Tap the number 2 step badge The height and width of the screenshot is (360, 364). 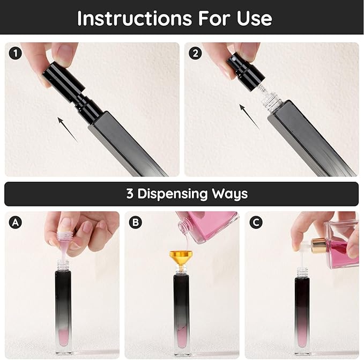pyautogui.click(x=196, y=54)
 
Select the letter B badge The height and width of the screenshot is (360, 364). pyautogui.click(x=136, y=222)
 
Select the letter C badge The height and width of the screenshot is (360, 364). pyautogui.click(x=256, y=222)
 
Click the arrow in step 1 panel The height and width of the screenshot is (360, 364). pyautogui.click(x=66, y=129)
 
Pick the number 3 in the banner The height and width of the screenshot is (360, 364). pyautogui.click(x=130, y=194)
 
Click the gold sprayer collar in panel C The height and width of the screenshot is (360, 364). pyautogui.click(x=318, y=246)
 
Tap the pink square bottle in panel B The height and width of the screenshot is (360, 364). pyautogui.click(x=212, y=225)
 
